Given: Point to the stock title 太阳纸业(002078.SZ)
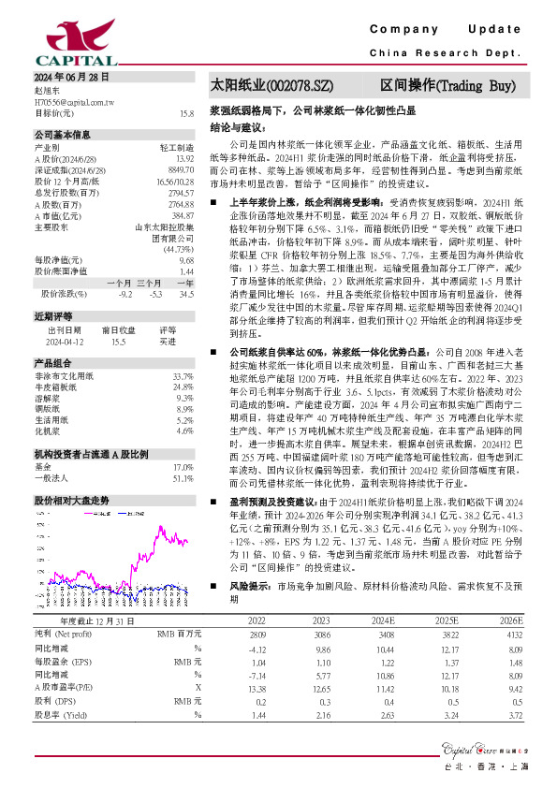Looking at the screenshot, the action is (x=272, y=85).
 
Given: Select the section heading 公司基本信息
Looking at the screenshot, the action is (x=63, y=135).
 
